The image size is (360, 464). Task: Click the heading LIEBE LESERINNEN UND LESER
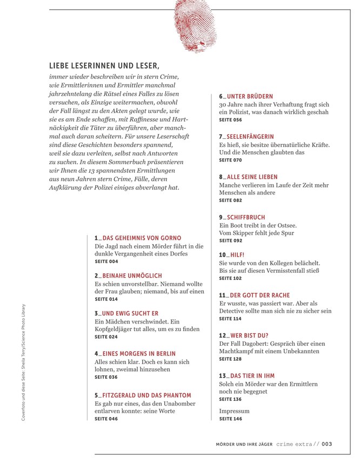point(104,66)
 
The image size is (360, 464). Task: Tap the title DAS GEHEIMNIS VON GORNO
point(141,238)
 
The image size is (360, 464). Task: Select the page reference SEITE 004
point(106,261)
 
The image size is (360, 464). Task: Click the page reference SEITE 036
point(106,377)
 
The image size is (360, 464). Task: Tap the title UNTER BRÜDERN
point(250,97)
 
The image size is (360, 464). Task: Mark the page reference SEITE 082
point(230,200)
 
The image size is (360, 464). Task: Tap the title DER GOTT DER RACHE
point(259,295)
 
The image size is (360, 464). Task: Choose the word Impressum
point(234,411)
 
